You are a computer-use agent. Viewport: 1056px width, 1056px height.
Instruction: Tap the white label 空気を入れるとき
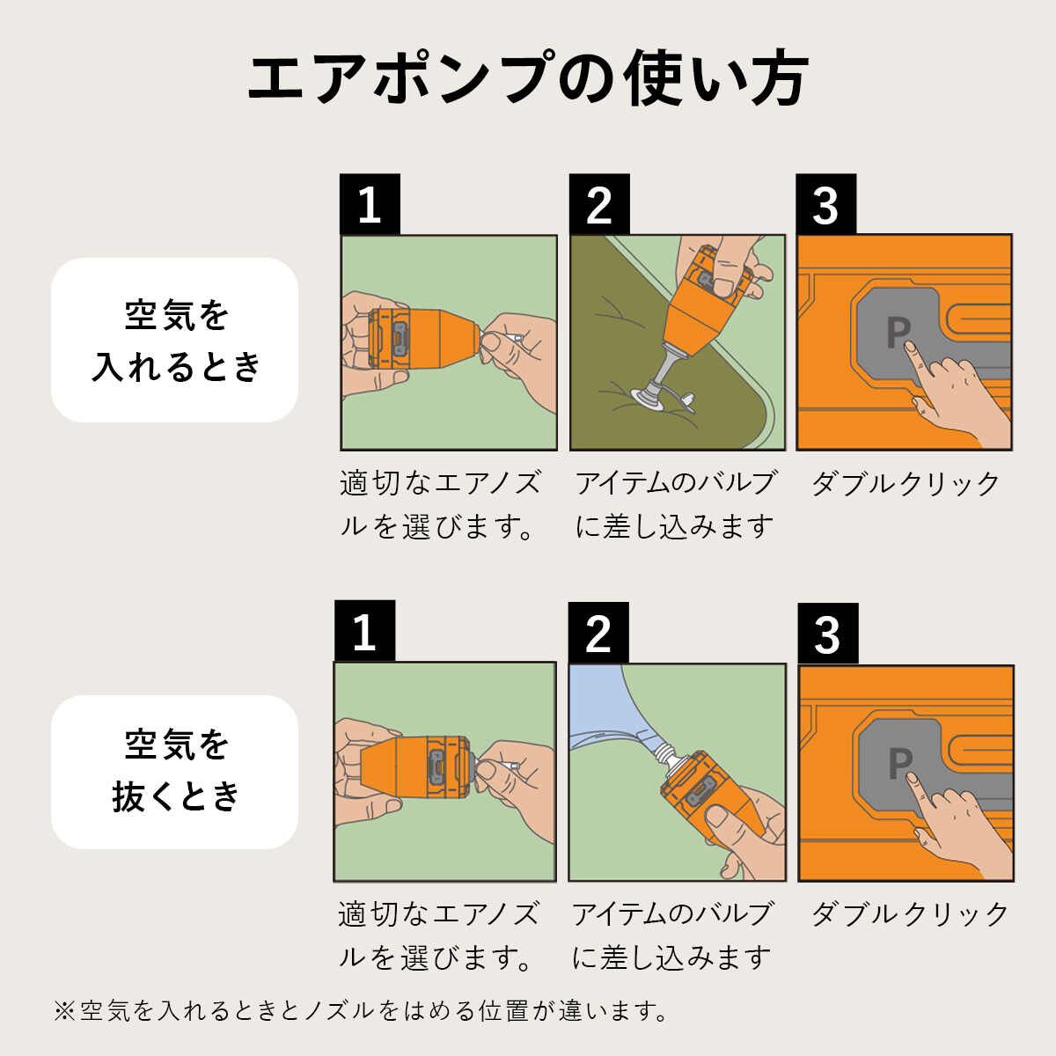(x=175, y=340)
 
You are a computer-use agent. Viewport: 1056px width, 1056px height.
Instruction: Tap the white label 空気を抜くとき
(x=175, y=771)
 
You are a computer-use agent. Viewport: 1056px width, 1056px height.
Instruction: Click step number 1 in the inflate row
(x=370, y=204)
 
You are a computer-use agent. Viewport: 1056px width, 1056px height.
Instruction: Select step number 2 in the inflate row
(x=598, y=204)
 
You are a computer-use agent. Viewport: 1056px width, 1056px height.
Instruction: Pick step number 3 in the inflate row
(x=825, y=204)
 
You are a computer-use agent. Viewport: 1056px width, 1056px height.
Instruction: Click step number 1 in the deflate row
(x=364, y=631)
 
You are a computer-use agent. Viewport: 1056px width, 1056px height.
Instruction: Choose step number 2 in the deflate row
(x=598, y=633)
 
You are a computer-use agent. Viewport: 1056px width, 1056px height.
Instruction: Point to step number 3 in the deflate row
(x=827, y=634)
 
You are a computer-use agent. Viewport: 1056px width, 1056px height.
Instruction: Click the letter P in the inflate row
(x=897, y=332)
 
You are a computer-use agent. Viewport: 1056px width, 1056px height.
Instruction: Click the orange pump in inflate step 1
(x=427, y=338)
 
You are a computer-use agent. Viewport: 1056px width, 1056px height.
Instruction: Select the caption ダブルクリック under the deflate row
(x=909, y=914)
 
